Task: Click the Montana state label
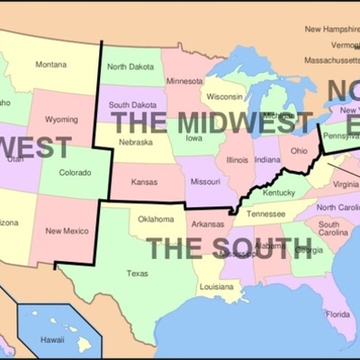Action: [50, 64]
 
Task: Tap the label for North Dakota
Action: [129, 67]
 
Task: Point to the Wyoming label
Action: [61, 119]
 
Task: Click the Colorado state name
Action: [75, 172]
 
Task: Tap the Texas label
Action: [138, 273]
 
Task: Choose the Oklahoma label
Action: [156, 219]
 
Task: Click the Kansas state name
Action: [144, 182]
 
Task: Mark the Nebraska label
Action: [135, 142]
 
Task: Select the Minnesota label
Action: [184, 80]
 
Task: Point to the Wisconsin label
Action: [225, 96]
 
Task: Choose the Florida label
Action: [338, 314]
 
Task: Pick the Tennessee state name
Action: [265, 214]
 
